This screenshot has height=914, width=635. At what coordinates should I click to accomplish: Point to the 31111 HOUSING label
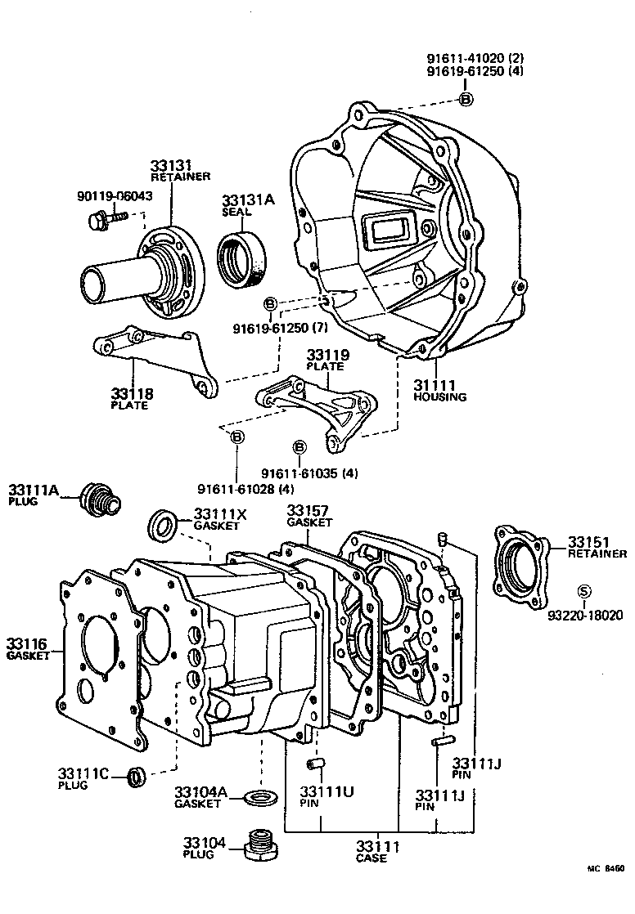pyautogui.click(x=439, y=391)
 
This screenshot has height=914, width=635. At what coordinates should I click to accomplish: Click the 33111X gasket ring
pyautogui.click(x=164, y=525)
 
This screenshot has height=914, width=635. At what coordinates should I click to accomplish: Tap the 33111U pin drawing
pyautogui.click(x=315, y=764)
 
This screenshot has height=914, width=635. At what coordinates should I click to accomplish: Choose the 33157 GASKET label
pyautogui.click(x=309, y=516)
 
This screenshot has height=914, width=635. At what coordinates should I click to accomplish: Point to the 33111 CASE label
pyautogui.click(x=376, y=851)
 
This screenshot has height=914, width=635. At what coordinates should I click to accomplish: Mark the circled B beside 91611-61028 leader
pyautogui.click(x=237, y=437)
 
